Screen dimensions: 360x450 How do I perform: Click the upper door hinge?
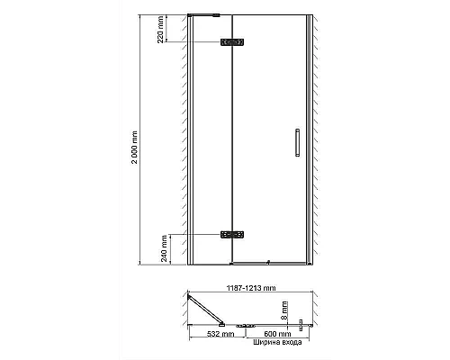point(233,42)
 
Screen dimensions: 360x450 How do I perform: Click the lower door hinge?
point(233,234)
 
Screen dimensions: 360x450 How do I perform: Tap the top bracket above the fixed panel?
point(206,15)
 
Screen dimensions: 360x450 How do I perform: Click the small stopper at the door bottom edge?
point(267,262)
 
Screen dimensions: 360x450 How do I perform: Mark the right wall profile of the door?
point(309,139)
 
